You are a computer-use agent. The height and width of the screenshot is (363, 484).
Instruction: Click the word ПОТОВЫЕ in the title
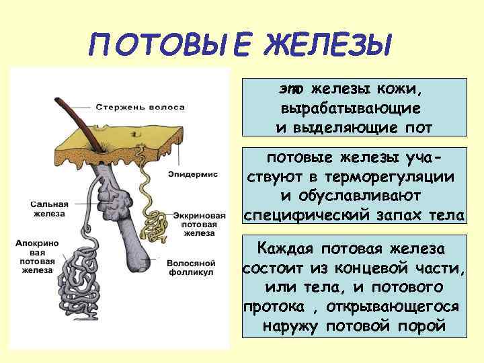tap(171, 46)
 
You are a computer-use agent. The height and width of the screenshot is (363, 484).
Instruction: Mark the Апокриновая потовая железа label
tap(38, 256)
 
